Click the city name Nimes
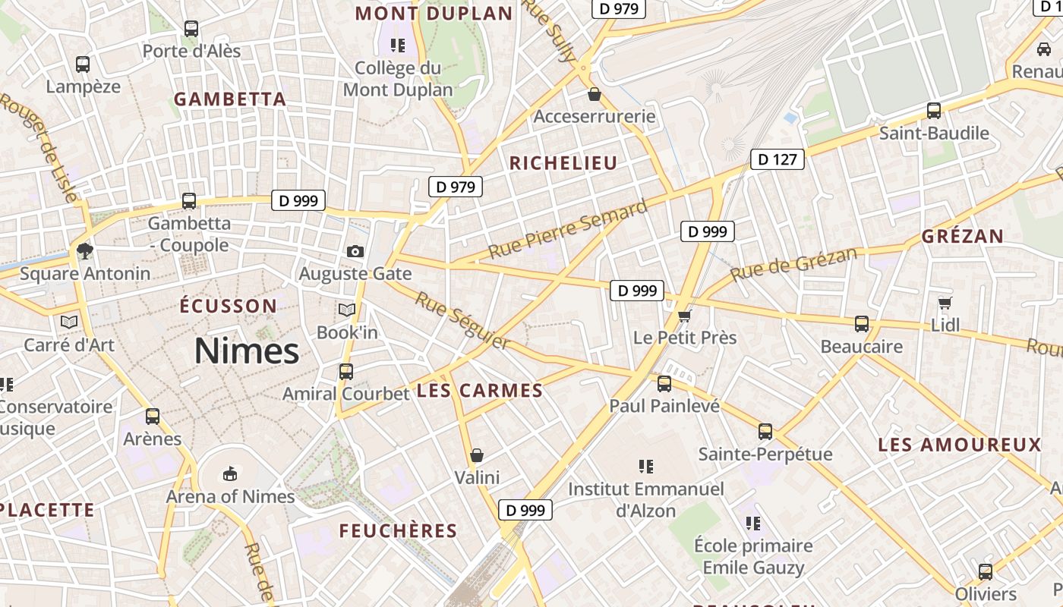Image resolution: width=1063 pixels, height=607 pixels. (x=247, y=351)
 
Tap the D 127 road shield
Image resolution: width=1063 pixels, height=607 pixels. (x=778, y=159)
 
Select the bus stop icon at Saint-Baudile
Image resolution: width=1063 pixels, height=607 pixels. (x=934, y=111)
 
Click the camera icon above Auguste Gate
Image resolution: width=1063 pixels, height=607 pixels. (x=355, y=251)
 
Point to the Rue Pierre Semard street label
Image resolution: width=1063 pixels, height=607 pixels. (x=568, y=228)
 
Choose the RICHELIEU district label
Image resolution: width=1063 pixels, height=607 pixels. (x=563, y=163)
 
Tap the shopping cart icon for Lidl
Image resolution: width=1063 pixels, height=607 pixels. (x=945, y=303)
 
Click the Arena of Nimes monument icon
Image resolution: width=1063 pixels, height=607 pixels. (x=230, y=474)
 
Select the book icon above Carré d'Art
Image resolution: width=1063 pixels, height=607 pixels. (x=69, y=322)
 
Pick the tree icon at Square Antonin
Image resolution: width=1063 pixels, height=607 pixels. (x=84, y=250)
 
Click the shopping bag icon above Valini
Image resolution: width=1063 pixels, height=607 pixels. (x=477, y=455)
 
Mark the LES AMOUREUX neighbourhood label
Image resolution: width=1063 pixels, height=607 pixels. (x=960, y=445)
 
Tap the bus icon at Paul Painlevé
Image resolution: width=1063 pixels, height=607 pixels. (x=664, y=384)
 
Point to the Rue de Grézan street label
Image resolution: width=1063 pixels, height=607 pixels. (x=793, y=263)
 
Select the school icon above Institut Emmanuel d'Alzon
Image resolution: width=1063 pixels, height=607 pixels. (x=646, y=466)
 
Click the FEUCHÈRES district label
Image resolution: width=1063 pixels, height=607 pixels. (x=398, y=531)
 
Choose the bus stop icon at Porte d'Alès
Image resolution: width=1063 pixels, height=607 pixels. (x=191, y=29)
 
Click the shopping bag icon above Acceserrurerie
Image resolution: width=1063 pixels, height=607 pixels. (x=595, y=94)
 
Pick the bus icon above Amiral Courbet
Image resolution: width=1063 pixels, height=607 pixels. (x=346, y=372)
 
